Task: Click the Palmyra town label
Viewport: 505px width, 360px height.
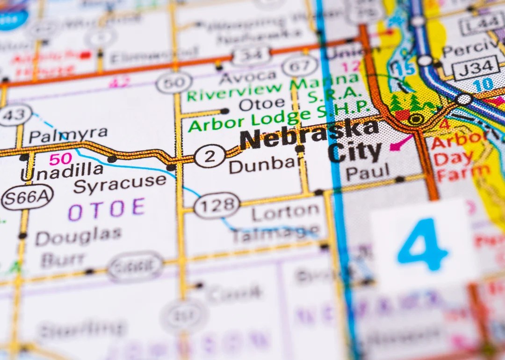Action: coord(68,135)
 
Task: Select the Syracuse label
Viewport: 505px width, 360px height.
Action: coord(120,183)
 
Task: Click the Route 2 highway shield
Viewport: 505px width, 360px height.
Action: coord(209,156)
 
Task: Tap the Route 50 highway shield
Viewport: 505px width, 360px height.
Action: coord(174,83)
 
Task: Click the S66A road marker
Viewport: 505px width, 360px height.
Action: coord(27,197)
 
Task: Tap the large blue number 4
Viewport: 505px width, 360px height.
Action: coord(422,245)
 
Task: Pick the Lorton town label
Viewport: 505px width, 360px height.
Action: coord(285,212)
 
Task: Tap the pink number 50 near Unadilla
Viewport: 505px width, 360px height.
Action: coord(60,158)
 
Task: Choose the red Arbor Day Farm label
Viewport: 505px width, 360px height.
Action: coord(460,157)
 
